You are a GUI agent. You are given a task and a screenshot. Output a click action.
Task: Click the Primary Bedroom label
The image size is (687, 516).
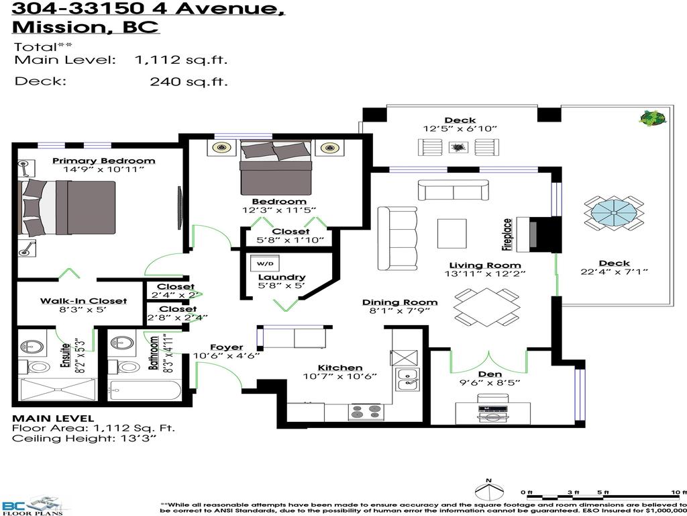(x=103, y=161)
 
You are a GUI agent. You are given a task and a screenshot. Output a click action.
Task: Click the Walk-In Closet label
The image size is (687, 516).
(x=73, y=300)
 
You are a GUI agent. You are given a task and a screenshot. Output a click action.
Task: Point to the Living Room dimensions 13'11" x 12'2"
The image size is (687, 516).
(x=484, y=274)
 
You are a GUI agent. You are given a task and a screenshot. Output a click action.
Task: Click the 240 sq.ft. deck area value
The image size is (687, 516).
(x=189, y=82)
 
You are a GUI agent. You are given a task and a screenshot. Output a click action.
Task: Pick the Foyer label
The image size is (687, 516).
(x=226, y=347)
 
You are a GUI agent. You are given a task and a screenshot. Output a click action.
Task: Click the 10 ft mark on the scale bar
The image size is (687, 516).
(x=679, y=492)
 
